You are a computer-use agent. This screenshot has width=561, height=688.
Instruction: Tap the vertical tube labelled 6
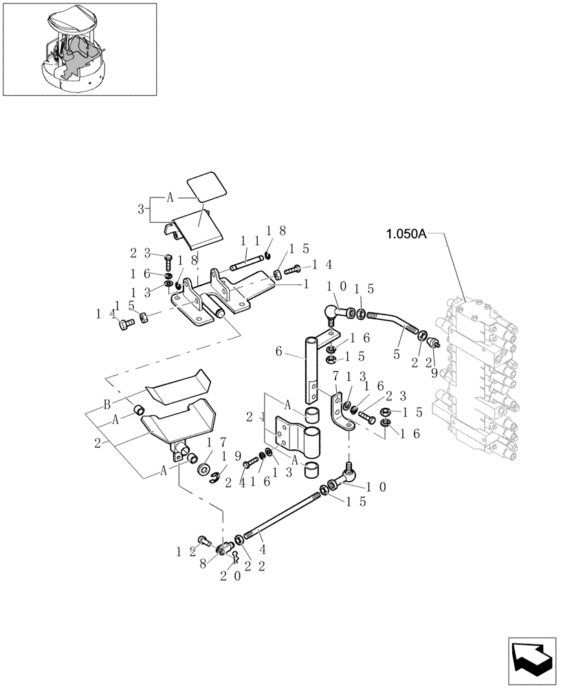311,372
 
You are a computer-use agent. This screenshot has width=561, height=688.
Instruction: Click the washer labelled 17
204,470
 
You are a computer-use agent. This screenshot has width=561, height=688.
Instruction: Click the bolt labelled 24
248,465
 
